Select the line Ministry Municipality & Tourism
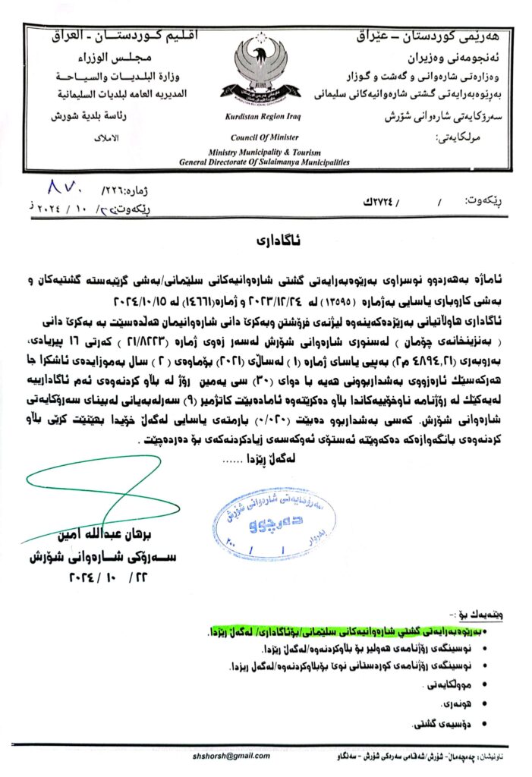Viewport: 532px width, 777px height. point(263,153)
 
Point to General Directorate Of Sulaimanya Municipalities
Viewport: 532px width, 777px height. point(263,162)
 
